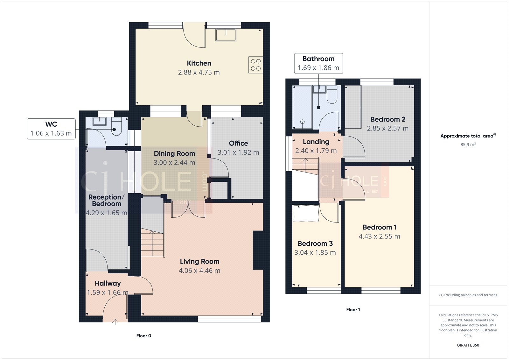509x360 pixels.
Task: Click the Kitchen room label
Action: click(199, 63)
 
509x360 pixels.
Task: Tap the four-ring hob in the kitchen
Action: click(255, 65)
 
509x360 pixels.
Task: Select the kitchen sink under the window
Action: click(226, 35)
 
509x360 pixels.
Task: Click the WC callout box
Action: click(51, 129)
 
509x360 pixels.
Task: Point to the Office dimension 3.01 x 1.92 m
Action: click(238, 152)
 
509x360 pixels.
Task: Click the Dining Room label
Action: click(174, 153)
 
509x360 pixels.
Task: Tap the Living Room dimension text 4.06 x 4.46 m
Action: click(199, 271)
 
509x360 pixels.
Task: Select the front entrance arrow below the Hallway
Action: click(115, 322)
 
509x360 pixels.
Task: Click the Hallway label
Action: click(108, 283)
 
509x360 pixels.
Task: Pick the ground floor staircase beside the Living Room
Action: click(153, 244)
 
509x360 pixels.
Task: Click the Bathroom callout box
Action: click(318, 63)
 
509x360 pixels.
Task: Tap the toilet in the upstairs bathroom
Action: click(332, 95)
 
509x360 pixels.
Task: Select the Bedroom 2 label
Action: click(388, 119)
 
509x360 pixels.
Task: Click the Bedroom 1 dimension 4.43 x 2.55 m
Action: click(380, 236)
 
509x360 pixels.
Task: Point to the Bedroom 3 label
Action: click(315, 244)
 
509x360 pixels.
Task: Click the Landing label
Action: click(316, 142)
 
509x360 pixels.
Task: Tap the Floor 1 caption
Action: click(353, 309)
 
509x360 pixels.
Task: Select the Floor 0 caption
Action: click(144, 335)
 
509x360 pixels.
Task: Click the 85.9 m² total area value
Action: click(468, 145)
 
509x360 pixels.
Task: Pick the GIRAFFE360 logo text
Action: click(468, 345)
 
